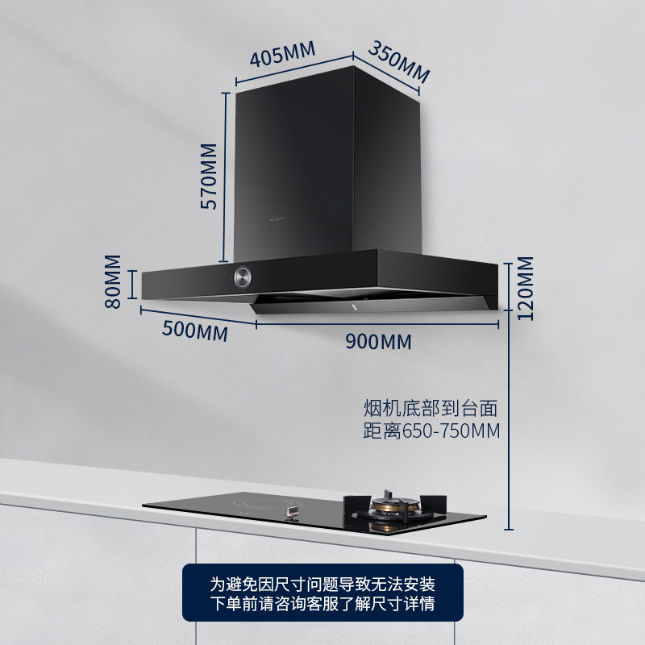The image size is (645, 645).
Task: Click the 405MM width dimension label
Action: click(x=281, y=57)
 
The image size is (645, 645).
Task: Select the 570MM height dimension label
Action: click(x=209, y=177)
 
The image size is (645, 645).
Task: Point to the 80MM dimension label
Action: click(x=112, y=281)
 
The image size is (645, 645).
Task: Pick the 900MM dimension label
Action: click(x=378, y=342)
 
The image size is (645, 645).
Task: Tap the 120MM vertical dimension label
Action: click(x=525, y=288)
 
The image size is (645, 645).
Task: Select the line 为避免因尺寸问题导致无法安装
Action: click(x=322, y=583)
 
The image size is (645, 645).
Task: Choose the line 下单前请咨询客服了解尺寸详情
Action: click(x=322, y=604)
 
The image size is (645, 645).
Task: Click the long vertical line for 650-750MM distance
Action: click(x=509, y=419)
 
